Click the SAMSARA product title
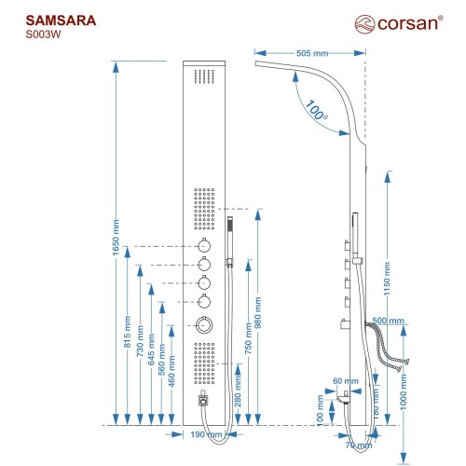[61, 21]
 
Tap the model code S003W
[43, 34]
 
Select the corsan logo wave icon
[364, 24]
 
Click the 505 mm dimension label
[312, 53]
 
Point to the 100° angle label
[316, 110]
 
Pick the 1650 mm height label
[116, 238]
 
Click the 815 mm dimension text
[128, 332]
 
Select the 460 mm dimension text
[171, 372]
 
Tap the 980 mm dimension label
[258, 312]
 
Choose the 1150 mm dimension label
[387, 279]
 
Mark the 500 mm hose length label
[388, 321]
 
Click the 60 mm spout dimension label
[346, 381]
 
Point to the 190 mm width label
[206, 434]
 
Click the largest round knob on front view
[204, 325]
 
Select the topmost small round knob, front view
[204, 246]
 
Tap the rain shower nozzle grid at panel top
[204, 76]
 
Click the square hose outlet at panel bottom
[203, 401]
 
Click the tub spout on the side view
[344, 399]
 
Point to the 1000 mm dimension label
[404, 392]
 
